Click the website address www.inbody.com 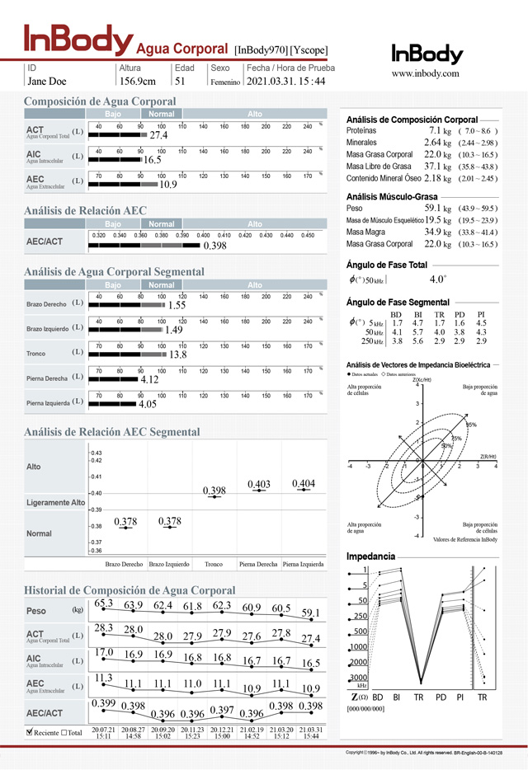(425, 73)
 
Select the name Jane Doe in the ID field (47, 81)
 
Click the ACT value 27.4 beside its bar (158, 135)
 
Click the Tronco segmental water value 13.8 (177, 355)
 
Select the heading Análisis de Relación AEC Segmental (111, 432)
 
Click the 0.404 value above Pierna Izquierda (304, 483)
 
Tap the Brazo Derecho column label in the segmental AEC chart (125, 565)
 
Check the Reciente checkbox (30, 732)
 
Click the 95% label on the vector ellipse (471, 425)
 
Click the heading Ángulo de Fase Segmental (398, 303)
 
